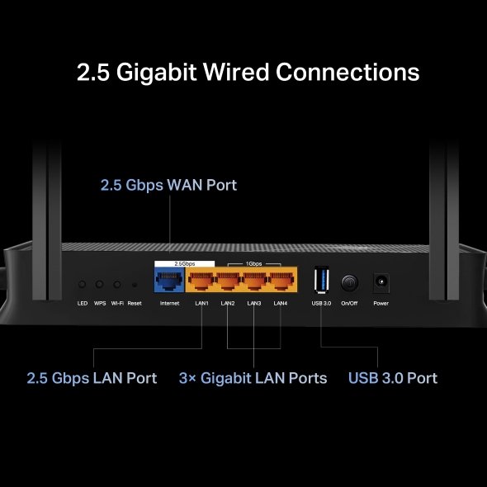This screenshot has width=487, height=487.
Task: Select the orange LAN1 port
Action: pos(201,282)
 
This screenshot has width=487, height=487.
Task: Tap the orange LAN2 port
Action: pos(227,282)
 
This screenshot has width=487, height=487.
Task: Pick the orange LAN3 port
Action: pos(254,282)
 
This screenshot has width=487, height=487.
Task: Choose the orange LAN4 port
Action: pos(281,282)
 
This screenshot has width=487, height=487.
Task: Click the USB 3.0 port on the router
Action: pos(320,281)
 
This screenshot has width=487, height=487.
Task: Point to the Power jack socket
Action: pos(381,282)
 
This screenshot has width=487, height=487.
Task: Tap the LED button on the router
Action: pos(83,284)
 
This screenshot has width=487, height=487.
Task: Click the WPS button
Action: pos(100,284)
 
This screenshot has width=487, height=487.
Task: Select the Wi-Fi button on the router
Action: pos(117,284)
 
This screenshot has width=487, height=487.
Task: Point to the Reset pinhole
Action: pos(135,285)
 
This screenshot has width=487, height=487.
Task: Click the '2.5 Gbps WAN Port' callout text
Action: pos(168,185)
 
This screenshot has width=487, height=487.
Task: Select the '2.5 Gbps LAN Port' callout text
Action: pos(92,378)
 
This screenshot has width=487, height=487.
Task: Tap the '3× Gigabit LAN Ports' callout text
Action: pos(253,378)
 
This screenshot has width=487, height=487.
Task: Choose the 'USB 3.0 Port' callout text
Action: pos(392,378)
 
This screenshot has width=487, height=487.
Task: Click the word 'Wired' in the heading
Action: pos(230,72)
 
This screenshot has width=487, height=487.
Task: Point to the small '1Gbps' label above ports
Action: pos(254,263)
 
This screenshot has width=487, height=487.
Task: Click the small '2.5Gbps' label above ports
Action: pos(183,263)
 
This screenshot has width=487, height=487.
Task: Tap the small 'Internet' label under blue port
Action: pos(169,304)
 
